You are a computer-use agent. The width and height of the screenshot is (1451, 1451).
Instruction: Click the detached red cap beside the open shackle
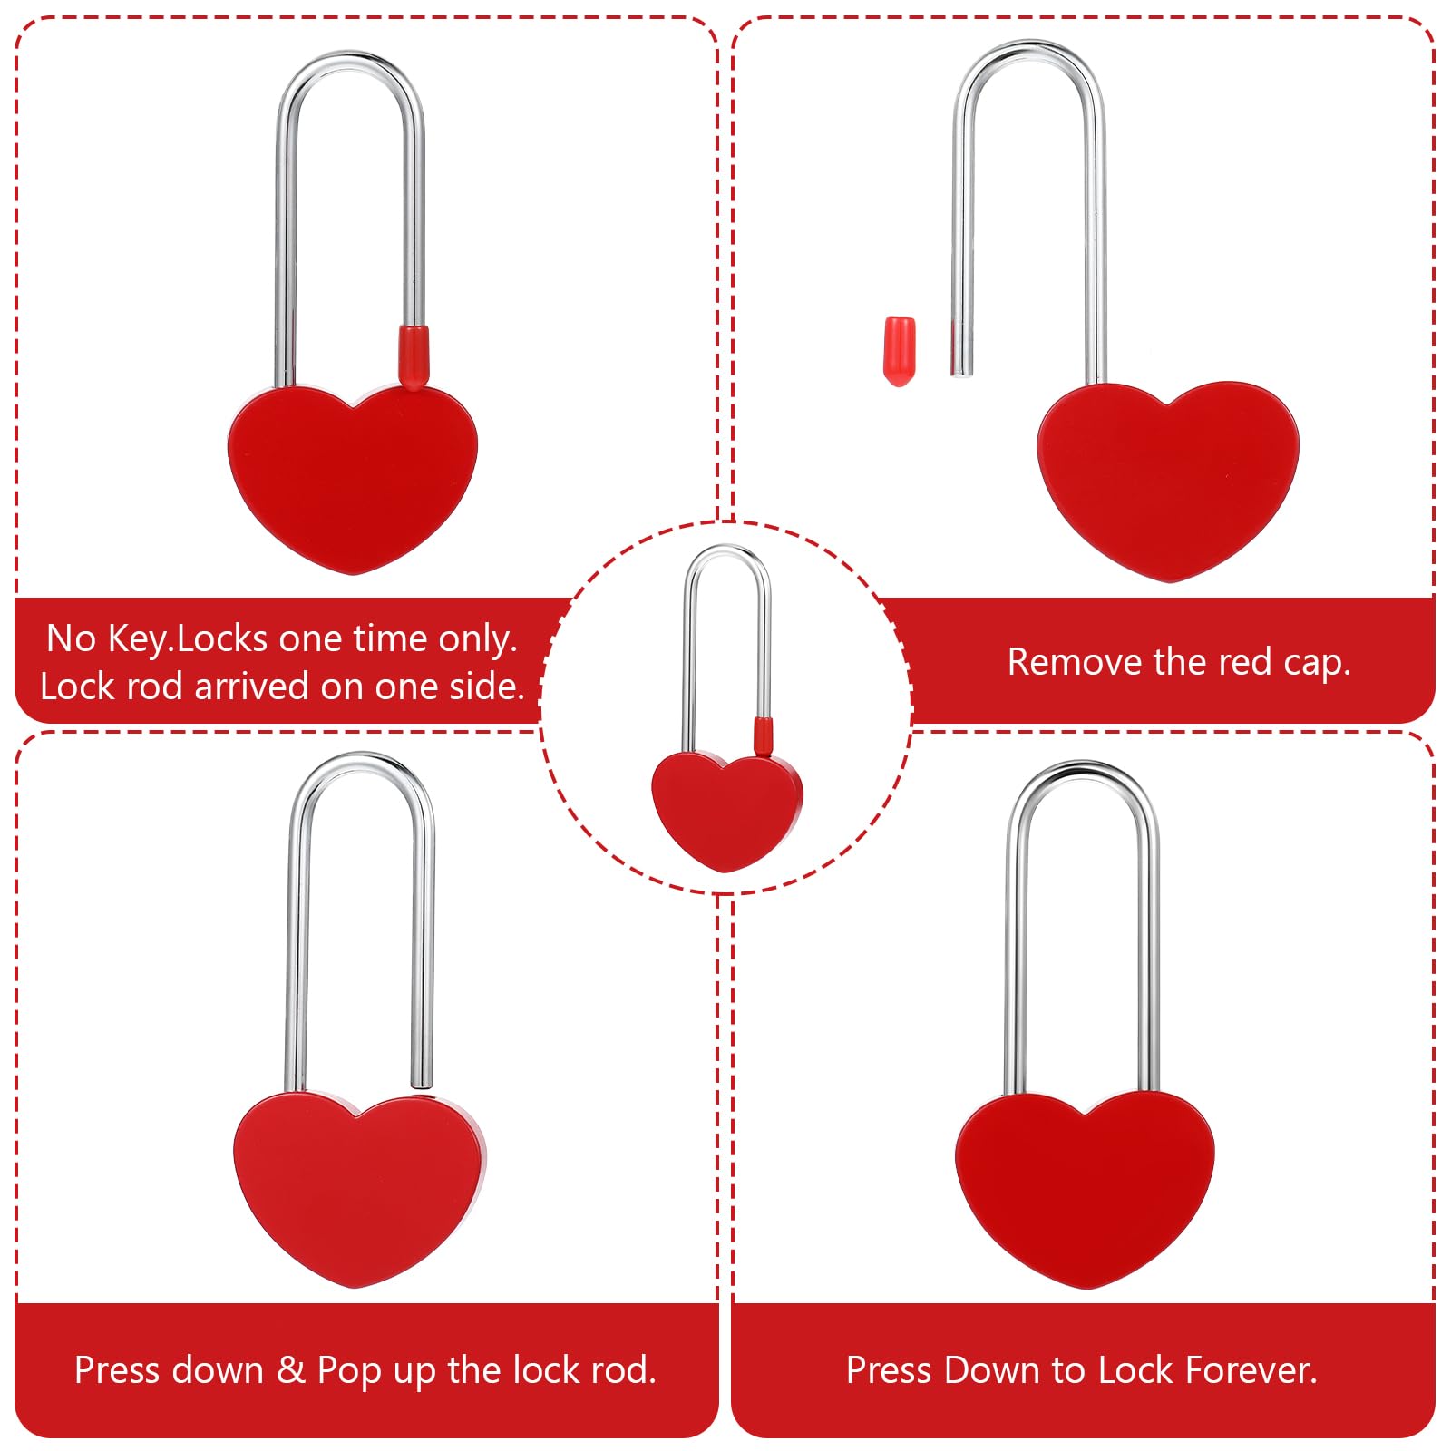[x=900, y=352]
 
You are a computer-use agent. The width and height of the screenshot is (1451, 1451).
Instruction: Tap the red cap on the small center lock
[x=764, y=735]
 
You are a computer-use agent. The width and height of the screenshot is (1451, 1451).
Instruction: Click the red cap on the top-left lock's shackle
[x=413, y=357]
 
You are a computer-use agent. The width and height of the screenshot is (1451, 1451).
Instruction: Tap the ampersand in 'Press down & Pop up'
[x=290, y=1369]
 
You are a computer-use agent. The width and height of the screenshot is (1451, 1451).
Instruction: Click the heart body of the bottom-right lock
[x=1085, y=1189]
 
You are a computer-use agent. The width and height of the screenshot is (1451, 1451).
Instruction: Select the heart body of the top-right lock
[x=1168, y=481]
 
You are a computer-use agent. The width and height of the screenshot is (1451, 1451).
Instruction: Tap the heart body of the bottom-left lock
[x=359, y=1189]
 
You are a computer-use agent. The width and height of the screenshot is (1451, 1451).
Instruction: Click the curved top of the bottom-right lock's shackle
[x=1081, y=771]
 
